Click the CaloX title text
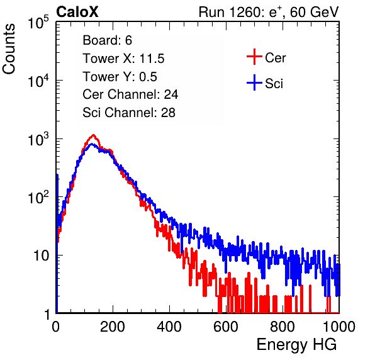click(x=77, y=12)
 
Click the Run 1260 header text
click(x=269, y=12)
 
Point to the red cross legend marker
click(x=254, y=57)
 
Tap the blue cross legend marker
click(x=254, y=83)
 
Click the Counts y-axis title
click(x=9, y=49)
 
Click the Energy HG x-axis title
click(x=296, y=345)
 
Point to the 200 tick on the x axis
click(x=113, y=327)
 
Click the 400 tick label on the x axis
click(x=169, y=327)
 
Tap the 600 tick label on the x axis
click(x=226, y=327)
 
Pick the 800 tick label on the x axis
click(x=283, y=327)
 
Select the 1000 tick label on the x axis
click(x=339, y=327)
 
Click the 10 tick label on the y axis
click(x=41, y=256)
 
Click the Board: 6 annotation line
click(x=108, y=40)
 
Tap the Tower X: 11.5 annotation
click(x=123, y=59)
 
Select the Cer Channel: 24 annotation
click(x=130, y=94)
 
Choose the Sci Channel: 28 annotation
click(x=129, y=113)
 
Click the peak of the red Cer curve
click(x=94, y=135)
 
